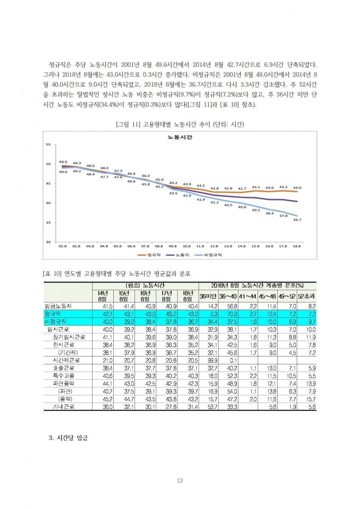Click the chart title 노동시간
[x=180, y=137]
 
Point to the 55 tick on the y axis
[x=48, y=145]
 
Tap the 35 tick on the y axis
[x=48, y=223]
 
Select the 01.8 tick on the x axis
[x=63, y=246]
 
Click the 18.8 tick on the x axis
[x=297, y=246]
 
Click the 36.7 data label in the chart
[x=297, y=220]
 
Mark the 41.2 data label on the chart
[x=214, y=202]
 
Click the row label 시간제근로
[x=67, y=360]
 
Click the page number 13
[x=180, y=480]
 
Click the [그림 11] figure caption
[x=180, y=124]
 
